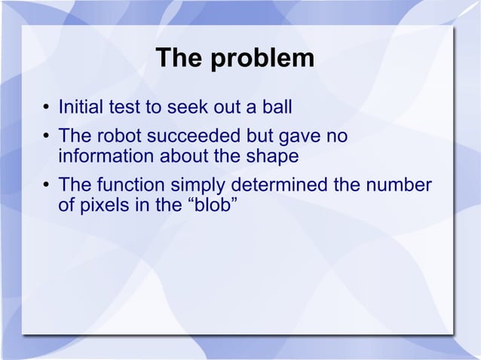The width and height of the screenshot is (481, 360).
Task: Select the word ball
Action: click(275, 108)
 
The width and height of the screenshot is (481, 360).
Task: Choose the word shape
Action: click(274, 157)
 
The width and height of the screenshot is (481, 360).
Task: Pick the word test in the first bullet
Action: click(130, 108)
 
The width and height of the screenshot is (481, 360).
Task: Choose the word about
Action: click(180, 157)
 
